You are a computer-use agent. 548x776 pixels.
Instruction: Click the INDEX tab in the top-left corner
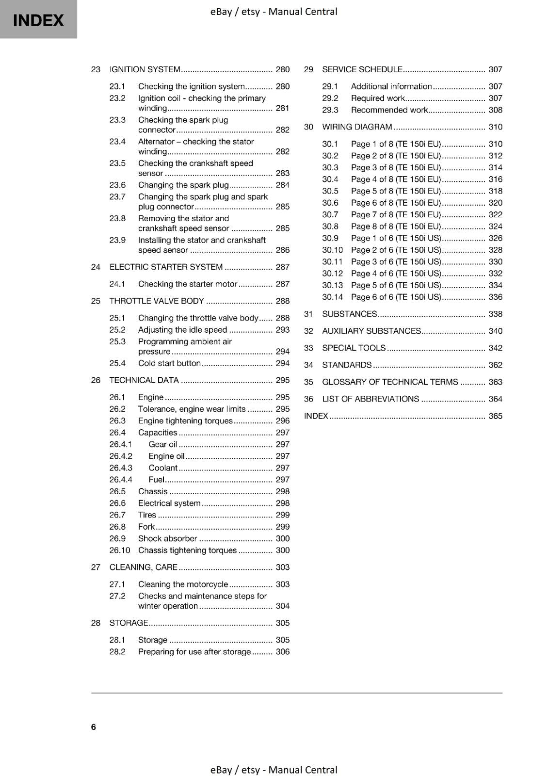[x=38, y=20]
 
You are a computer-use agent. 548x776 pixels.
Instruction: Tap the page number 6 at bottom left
[x=94, y=727]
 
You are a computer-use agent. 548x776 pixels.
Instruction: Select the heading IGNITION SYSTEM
[x=145, y=69]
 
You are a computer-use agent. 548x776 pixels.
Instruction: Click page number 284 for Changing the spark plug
[x=282, y=185]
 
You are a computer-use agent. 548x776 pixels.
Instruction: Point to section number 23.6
[x=117, y=185]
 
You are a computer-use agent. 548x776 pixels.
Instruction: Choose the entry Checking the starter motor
[x=188, y=284]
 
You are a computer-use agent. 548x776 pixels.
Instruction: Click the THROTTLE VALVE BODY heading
[x=157, y=301]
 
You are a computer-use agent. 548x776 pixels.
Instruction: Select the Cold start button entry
[x=169, y=363]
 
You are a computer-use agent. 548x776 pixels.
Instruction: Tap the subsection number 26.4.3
[x=120, y=468]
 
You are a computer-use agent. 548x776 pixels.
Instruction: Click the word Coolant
[x=163, y=468]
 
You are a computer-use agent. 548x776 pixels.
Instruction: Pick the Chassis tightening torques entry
[x=187, y=550]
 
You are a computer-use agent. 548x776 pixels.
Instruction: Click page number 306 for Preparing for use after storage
[x=282, y=651]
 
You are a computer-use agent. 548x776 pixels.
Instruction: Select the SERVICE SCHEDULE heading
[x=362, y=69]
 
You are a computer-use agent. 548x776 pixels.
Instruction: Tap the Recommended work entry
[x=389, y=110]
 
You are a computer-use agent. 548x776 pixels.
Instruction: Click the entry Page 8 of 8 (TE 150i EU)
[x=396, y=226]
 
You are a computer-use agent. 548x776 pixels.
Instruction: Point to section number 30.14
[x=332, y=297]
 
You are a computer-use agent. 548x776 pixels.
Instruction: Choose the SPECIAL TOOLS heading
[x=354, y=348]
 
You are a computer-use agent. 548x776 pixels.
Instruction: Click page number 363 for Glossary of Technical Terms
[x=495, y=382]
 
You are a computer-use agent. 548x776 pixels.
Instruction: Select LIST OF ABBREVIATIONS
[x=371, y=399]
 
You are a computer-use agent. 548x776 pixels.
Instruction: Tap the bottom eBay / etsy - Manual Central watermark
[x=274, y=770]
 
